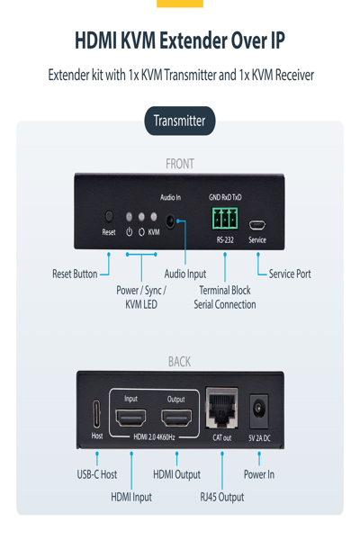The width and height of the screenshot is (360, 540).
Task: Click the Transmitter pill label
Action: [x=179, y=121]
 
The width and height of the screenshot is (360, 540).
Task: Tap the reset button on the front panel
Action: [x=109, y=217]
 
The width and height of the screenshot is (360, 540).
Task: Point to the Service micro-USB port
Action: [x=256, y=225]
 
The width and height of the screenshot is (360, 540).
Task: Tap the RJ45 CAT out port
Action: [x=221, y=410]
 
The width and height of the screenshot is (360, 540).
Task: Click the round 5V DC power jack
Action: [x=260, y=409]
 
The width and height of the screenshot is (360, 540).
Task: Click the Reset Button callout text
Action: [x=75, y=274]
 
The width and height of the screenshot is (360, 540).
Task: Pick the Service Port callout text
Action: [x=290, y=274]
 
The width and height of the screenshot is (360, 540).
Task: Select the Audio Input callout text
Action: [x=185, y=274]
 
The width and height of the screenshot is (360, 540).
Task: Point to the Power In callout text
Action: [x=259, y=474]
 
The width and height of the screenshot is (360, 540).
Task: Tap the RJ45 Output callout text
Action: [x=221, y=496]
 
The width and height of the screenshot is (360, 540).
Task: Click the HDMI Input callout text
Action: [x=131, y=496]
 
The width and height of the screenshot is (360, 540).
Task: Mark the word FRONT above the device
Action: [x=180, y=164]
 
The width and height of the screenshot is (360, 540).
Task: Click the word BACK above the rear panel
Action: [x=180, y=362]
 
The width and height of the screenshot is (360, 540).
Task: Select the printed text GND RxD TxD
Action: [x=225, y=197]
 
